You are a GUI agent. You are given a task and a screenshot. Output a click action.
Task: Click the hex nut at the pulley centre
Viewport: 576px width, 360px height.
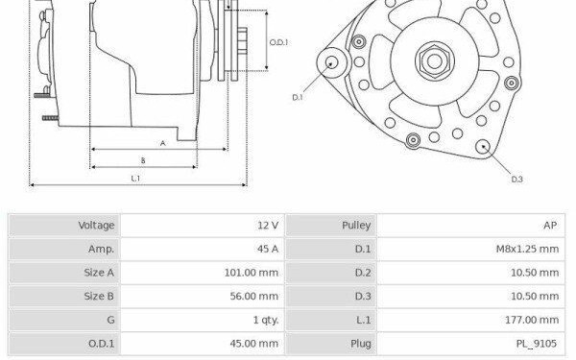coord(435,61)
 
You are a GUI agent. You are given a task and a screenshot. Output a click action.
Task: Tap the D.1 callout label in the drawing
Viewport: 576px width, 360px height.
coord(298,97)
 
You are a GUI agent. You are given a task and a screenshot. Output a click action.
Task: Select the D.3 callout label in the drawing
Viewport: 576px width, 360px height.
coord(516,180)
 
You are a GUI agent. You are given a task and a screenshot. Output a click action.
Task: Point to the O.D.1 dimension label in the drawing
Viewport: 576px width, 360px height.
coord(278,42)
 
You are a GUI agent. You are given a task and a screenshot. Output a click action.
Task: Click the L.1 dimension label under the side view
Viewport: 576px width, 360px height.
coord(135,179)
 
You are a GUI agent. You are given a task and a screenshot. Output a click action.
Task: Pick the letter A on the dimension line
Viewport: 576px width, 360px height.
coord(163,143)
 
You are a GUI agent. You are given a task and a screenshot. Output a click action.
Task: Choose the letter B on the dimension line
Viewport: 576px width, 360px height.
coord(143,160)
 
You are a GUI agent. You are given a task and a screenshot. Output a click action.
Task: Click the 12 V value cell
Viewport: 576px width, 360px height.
coord(203,226)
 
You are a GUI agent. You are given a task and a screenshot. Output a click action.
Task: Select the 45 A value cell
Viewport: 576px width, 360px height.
coord(203,249)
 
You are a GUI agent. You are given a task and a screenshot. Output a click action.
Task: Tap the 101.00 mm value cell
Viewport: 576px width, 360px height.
coord(203,273)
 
